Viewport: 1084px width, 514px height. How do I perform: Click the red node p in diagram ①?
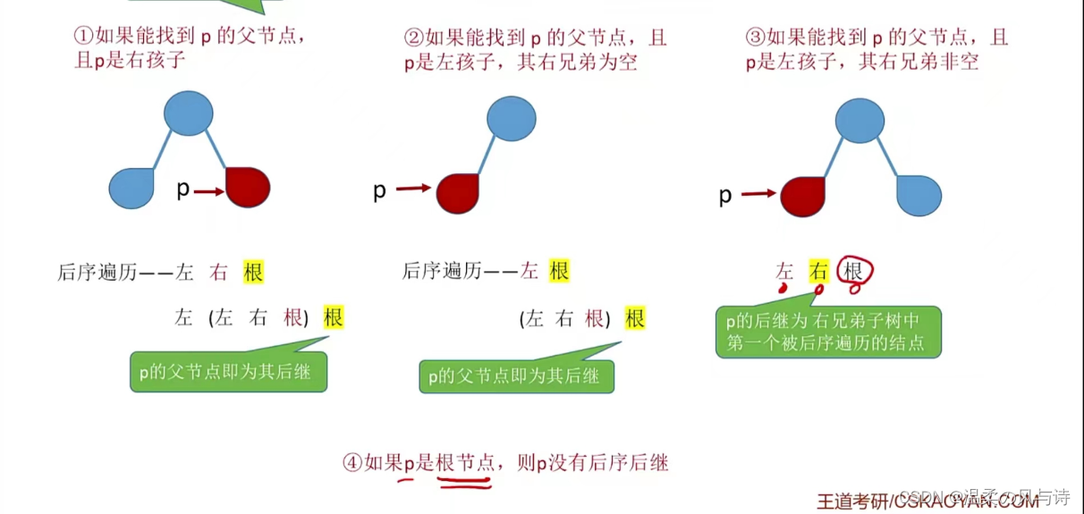248,188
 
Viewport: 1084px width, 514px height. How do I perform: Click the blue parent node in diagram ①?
189,114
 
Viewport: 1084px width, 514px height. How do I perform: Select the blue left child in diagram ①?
131,189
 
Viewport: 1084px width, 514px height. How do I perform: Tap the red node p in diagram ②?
459,191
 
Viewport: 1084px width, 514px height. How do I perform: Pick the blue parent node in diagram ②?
512,119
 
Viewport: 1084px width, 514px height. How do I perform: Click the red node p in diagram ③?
802,197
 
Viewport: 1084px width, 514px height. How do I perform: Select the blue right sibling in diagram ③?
919,196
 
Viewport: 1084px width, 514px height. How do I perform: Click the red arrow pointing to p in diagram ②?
413,189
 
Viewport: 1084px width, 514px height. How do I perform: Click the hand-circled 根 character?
854,270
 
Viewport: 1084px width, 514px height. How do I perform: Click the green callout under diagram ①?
228,371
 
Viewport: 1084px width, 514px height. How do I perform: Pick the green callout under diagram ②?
516,376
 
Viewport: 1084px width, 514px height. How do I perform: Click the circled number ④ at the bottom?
351,462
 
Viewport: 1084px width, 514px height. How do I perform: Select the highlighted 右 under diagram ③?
818,270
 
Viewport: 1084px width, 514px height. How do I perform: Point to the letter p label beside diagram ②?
379,191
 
